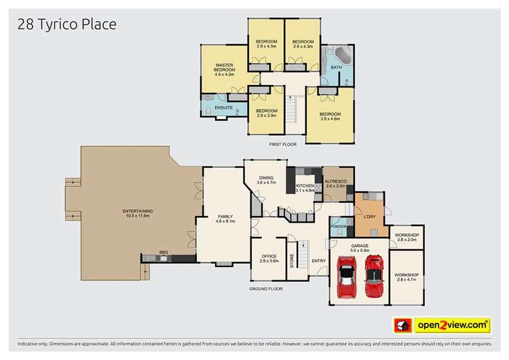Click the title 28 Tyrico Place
click(67, 24)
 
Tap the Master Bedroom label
click(224, 69)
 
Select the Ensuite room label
click(223, 107)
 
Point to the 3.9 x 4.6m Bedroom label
click(330, 116)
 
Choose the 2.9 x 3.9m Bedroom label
click(267, 113)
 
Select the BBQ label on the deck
click(164, 252)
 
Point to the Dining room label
click(266, 180)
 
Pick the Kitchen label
click(305, 187)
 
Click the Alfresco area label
click(336, 183)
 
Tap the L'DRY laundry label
click(369, 217)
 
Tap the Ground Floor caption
click(266, 289)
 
